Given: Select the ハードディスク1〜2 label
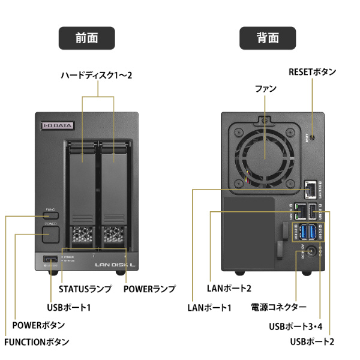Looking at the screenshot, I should point(96,76).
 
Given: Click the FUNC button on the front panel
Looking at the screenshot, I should point(51,214).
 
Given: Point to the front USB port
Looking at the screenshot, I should point(49,259).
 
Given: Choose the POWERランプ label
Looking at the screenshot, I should point(149,289).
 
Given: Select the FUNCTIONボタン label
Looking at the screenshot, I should point(36,342).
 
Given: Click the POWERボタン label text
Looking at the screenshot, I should point(38,325).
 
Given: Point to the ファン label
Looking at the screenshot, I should point(265,88).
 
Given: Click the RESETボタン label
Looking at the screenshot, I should point(312,72).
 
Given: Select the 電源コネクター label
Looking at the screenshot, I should point(279,307).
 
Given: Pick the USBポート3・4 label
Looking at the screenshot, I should point(298,327).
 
